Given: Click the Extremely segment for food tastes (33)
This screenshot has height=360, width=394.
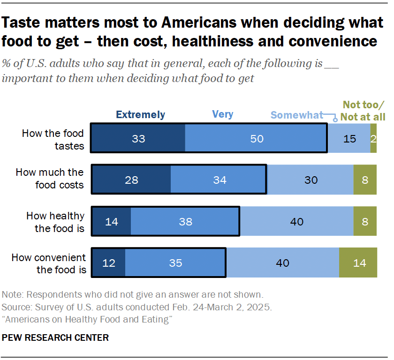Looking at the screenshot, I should pos(138,139).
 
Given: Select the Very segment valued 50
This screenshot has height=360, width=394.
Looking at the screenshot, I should pos(256,139).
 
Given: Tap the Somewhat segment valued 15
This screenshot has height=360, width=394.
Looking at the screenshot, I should pos(349,139).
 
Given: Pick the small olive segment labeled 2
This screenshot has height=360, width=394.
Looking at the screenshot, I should pos(373,139).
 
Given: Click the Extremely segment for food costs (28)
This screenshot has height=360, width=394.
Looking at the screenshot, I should pos(131,180).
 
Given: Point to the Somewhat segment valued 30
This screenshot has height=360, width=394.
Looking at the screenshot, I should pos(310,180).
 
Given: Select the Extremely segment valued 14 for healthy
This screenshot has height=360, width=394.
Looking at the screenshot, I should pos(111,221).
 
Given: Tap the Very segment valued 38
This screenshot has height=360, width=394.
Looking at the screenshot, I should pos(185,221).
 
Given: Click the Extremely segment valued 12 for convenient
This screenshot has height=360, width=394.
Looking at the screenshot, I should pos(108,263).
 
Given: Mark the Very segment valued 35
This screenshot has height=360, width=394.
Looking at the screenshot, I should pos(175,263).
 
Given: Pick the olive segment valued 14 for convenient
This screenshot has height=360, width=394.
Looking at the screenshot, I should pos(358,263).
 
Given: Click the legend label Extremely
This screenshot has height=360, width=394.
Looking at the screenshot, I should pos(140,114).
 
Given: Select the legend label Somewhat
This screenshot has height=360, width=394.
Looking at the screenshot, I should pos(297,115).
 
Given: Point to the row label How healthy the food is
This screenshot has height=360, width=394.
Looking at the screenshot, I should pos(55,222).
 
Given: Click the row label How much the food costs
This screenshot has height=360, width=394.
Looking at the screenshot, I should pos(50,179).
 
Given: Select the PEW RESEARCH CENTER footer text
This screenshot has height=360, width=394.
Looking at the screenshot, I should pos(55,337).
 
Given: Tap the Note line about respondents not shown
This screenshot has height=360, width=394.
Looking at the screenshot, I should pos(132,295).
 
